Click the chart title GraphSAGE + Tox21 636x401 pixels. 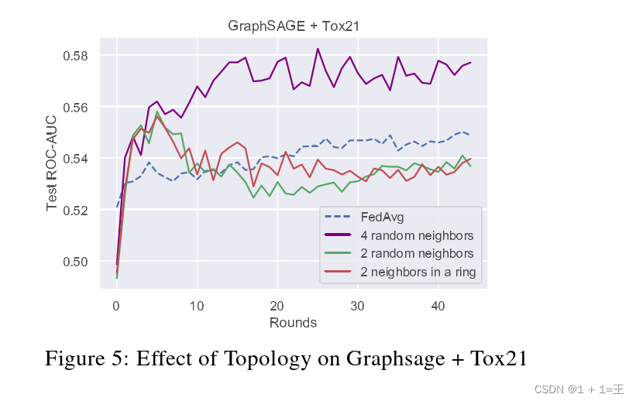tap(294, 26)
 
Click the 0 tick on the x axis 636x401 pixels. tap(116, 306)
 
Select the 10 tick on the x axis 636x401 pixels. tap(197, 306)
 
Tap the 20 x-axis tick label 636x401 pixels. tap(277, 306)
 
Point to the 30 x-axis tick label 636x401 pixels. tap(357, 306)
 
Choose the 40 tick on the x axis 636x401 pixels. tap(438, 306)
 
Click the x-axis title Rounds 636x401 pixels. tap(293, 322)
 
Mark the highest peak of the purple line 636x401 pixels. tap(318, 49)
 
